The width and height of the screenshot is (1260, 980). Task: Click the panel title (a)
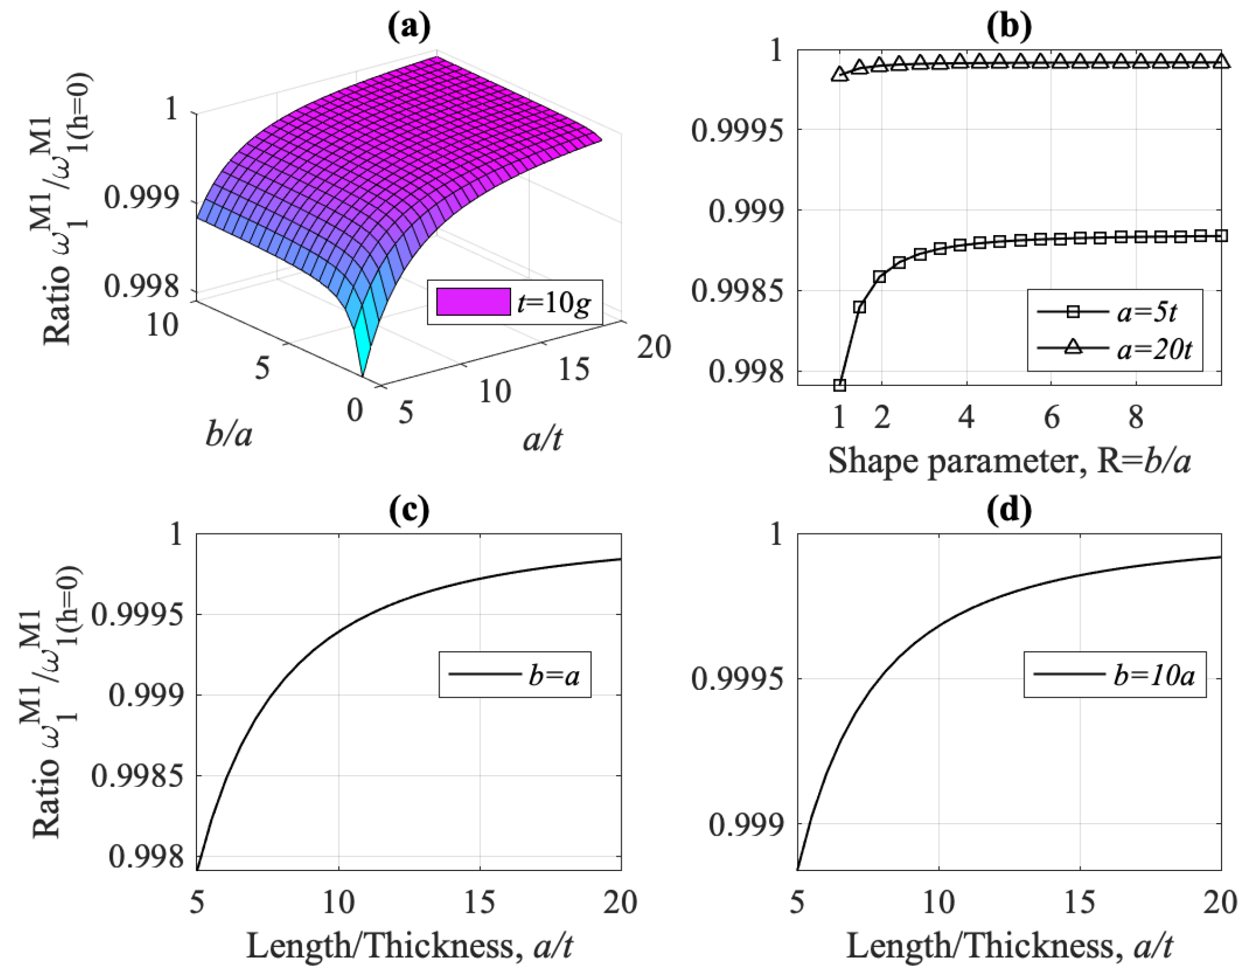coord(409,26)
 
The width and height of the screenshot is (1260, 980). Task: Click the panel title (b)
coord(1009,26)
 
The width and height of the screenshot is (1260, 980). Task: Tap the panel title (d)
coord(1009,510)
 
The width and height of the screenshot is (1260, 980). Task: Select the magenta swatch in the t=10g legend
coord(473,302)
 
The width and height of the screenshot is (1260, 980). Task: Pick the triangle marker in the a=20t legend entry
coord(1072,347)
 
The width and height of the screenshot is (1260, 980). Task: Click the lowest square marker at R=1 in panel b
coord(840,385)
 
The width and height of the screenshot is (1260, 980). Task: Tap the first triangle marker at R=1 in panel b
coord(840,74)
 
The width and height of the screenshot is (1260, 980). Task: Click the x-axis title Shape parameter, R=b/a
coord(1009,461)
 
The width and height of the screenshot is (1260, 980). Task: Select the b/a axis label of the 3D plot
coord(228,434)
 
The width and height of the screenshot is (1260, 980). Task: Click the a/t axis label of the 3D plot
coord(543,440)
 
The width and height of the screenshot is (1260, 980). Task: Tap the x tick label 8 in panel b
coord(1136,416)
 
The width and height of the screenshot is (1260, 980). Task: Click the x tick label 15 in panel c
coord(479,901)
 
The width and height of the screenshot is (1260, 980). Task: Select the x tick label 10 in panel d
coord(939,901)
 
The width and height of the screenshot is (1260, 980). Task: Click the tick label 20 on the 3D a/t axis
coord(653,347)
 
